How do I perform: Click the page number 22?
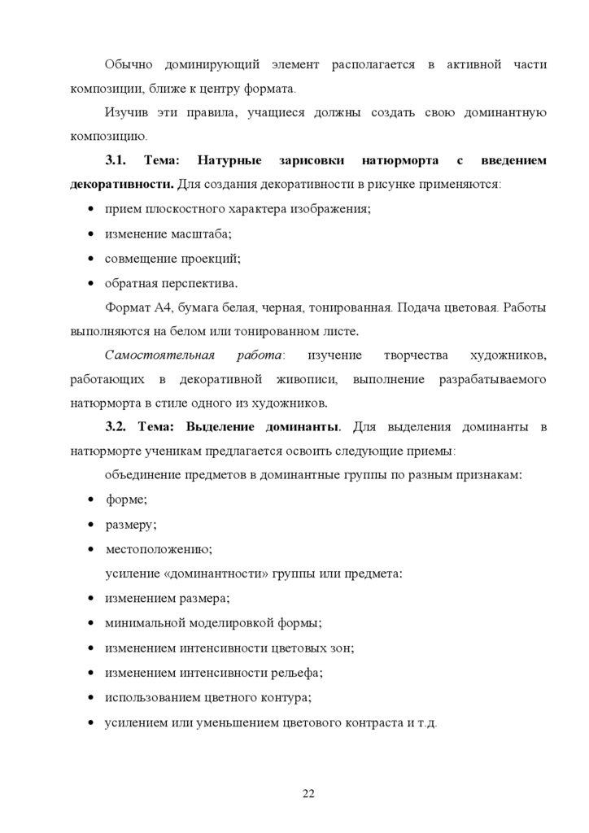click(308, 794)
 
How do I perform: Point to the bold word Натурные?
click(229, 161)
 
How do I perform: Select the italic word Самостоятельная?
click(159, 355)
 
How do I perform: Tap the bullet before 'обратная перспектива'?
click(89, 284)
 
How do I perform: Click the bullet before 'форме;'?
click(89, 500)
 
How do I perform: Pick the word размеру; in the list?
click(132, 525)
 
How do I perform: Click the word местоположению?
click(159, 549)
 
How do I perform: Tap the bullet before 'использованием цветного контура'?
click(89, 697)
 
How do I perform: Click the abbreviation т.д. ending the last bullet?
click(427, 722)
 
